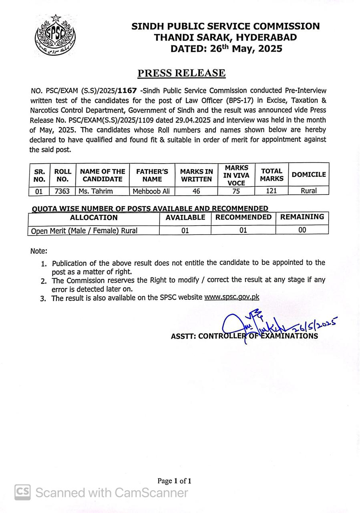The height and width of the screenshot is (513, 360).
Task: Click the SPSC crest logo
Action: [x=54, y=35]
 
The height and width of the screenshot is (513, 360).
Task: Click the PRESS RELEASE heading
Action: [x=181, y=73]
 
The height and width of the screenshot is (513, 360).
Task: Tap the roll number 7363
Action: [x=62, y=191]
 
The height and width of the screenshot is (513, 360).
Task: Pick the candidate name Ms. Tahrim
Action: [x=96, y=191]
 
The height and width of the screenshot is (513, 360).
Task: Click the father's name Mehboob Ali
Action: [x=152, y=191]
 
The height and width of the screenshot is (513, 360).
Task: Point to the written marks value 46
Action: [x=196, y=191]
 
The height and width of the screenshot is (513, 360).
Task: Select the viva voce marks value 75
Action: [x=236, y=191]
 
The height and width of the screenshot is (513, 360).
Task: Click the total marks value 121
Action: [x=272, y=191]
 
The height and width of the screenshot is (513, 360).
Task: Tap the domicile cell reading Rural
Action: [x=309, y=191]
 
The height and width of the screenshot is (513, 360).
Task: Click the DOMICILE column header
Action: [x=309, y=175]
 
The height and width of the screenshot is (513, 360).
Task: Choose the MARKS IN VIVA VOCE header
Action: [x=236, y=175]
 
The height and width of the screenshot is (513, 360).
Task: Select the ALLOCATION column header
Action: [x=94, y=218]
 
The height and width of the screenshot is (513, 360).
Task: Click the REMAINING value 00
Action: [x=302, y=230]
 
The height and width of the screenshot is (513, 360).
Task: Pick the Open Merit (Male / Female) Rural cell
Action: [x=84, y=230]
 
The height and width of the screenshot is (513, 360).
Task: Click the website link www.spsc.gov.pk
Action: [x=231, y=297]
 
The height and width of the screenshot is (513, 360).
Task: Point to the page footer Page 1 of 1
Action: [x=175, y=481]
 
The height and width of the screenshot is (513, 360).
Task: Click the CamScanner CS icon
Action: [x=23, y=492]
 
